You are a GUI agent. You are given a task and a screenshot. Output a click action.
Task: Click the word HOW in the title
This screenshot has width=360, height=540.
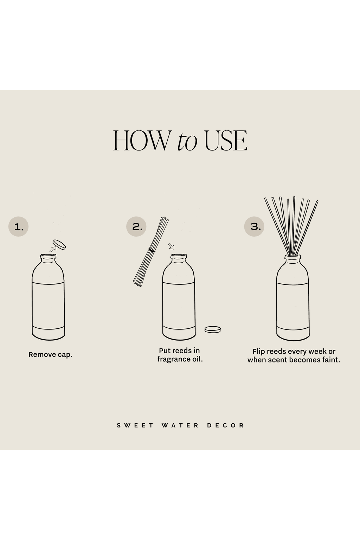[141, 141]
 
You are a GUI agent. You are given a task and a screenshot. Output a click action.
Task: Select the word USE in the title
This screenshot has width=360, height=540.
[226, 141]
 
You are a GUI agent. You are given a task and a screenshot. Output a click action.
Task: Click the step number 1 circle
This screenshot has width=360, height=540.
[18, 227]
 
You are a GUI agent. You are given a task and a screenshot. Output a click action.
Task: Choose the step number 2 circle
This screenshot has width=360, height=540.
[136, 227]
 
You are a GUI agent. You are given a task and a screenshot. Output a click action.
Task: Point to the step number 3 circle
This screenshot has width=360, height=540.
[254, 227]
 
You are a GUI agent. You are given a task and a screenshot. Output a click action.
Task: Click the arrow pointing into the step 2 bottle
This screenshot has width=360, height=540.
[172, 246]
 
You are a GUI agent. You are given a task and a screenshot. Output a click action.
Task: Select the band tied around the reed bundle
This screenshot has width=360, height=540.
[152, 250]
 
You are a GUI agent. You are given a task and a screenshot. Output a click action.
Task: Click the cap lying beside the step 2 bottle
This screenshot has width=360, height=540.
[213, 329]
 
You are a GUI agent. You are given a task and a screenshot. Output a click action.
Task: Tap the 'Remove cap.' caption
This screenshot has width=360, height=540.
[50, 354]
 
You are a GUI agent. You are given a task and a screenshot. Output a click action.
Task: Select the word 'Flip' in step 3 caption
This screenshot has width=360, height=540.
[259, 351]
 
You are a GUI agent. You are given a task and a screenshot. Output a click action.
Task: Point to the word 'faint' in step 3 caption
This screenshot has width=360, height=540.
[330, 360]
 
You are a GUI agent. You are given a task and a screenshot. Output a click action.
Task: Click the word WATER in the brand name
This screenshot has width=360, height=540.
[180, 425]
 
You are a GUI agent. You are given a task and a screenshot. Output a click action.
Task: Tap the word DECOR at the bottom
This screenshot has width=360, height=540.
[225, 425]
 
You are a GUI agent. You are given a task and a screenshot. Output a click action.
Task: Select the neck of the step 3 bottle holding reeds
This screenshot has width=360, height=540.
[292, 259]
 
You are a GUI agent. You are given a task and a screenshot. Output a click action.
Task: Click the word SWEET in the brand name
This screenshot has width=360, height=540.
[135, 425]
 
